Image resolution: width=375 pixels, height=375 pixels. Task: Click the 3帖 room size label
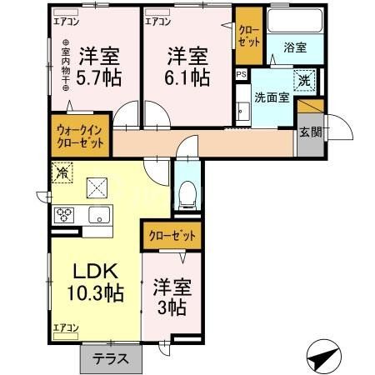coord(172,307)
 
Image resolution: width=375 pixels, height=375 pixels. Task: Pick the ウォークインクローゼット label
coord(80,137)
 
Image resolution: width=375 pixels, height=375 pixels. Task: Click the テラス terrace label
coord(110,360)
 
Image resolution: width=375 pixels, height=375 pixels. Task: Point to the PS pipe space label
coord(241,75)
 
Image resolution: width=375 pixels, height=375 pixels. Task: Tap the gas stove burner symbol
coord(64,215)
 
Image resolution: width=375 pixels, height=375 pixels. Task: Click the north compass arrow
coord(325,357)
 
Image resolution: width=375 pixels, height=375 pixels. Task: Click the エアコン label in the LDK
coord(65,327)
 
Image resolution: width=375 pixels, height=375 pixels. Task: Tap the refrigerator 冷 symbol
coord(62,172)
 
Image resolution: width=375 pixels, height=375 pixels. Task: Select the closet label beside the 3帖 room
coord(172,236)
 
